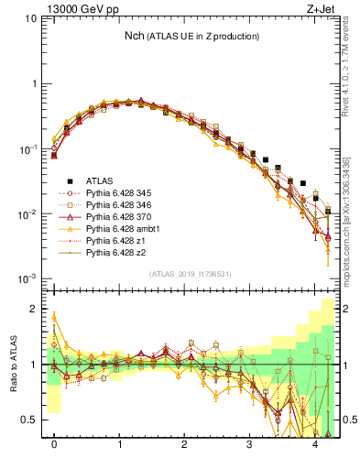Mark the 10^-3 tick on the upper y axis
point(28,278)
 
